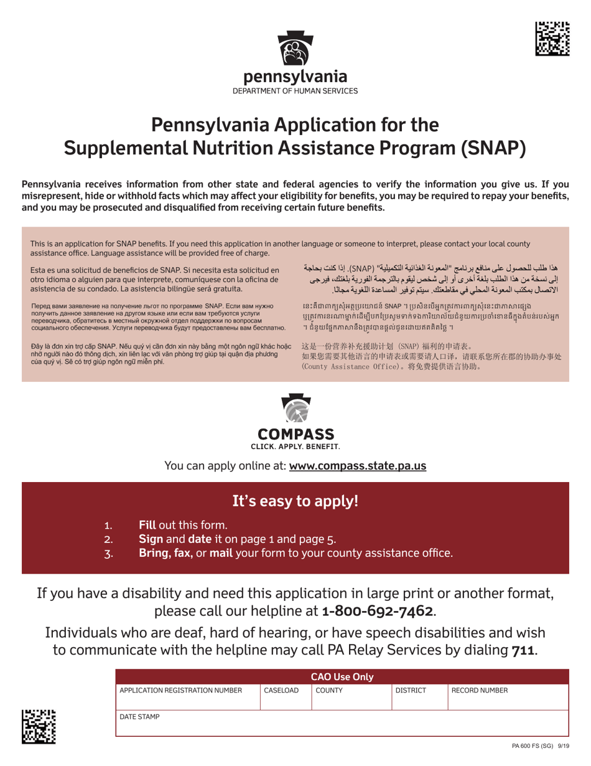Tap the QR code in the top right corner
552,38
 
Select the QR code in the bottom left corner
39,727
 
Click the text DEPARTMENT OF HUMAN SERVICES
295,91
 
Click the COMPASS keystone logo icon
295,404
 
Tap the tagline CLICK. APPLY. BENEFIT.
295,447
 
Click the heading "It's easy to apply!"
295,501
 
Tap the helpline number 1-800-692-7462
377,610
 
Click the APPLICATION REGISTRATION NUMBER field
180,691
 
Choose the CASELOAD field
281,691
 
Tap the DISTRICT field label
411,691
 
